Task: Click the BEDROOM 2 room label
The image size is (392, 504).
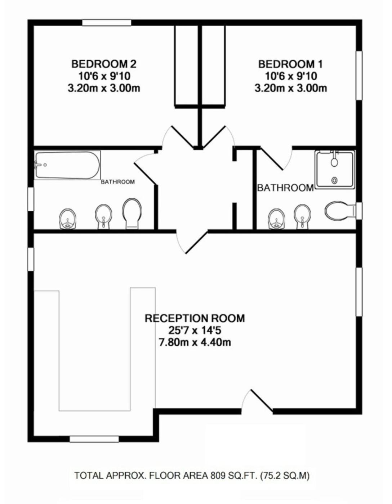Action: [x=104, y=64]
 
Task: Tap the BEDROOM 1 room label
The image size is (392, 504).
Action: [x=290, y=64]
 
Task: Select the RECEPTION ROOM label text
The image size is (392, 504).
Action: [x=195, y=318]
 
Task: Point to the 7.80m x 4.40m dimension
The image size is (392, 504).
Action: [x=195, y=342]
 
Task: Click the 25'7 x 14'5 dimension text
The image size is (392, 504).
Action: [x=195, y=330]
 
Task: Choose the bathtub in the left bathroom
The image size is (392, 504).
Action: [x=67, y=165]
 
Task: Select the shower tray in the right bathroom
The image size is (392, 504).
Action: [x=335, y=168]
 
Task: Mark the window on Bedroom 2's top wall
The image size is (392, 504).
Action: [x=107, y=23]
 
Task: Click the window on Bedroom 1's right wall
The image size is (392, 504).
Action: [x=359, y=76]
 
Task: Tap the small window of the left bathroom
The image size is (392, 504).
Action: [x=31, y=199]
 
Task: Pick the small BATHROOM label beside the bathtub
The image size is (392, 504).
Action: [x=118, y=182]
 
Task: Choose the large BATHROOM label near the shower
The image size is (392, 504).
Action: [x=285, y=188]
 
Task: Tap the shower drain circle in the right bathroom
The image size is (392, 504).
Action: [x=334, y=180]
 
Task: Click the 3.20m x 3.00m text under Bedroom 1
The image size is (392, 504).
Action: [x=290, y=88]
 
